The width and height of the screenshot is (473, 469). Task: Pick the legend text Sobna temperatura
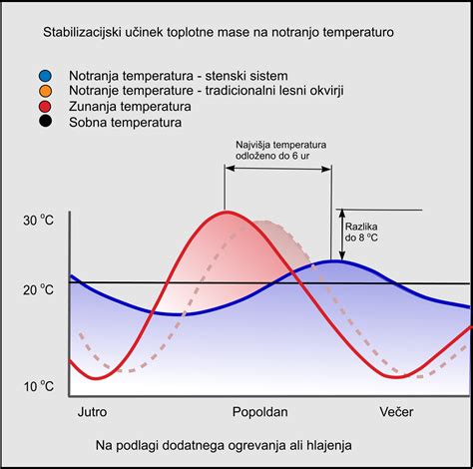(126, 124)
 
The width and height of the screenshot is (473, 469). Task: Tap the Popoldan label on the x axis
(260, 411)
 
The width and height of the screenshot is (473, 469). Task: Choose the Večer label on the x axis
(395, 411)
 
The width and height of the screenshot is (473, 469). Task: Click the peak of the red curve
(228, 212)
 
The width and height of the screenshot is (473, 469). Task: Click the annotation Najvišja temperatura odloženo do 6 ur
(280, 151)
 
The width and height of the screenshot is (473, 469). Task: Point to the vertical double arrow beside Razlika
(340, 234)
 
